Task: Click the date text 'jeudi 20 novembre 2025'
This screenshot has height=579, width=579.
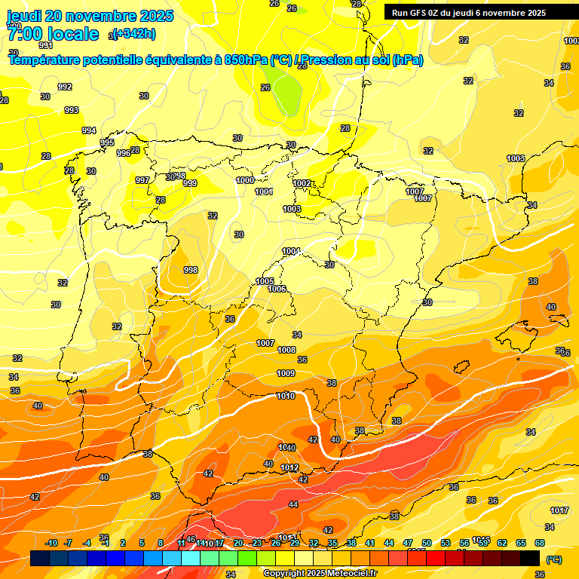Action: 90,16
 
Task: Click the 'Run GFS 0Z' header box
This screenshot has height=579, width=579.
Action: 468,13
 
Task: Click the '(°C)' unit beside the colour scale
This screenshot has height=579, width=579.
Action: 554,559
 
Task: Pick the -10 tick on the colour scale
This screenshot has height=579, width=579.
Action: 51,544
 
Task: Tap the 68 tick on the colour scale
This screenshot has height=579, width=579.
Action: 541,544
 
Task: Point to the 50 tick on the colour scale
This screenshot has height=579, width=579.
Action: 427,544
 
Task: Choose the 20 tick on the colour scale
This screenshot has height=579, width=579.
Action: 238,544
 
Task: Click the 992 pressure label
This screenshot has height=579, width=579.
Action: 65,87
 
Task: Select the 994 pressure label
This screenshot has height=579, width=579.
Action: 89,130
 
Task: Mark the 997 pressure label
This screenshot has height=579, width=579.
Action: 142,180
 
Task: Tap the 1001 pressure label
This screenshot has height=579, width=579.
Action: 264,192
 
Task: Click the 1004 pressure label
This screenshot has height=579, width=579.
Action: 291,251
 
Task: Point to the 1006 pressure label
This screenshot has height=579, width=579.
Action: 277,289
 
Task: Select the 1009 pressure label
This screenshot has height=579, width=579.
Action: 286,373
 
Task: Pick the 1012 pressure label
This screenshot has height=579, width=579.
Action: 289,468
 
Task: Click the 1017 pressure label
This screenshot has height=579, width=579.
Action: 559,510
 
